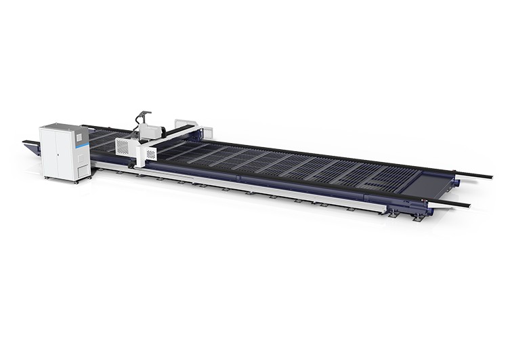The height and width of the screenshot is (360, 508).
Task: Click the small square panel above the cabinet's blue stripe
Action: [79, 136]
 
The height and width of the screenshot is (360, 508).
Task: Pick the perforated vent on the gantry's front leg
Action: [150, 154]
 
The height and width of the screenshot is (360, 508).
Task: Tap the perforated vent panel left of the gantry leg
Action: [123, 146]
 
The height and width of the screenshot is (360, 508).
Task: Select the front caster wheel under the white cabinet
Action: [75, 181]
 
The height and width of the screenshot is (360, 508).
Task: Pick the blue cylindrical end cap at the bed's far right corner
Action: [458, 182]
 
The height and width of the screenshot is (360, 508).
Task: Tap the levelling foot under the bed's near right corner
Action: [418, 218]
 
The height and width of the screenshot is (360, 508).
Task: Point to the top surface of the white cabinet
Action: [64, 127]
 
